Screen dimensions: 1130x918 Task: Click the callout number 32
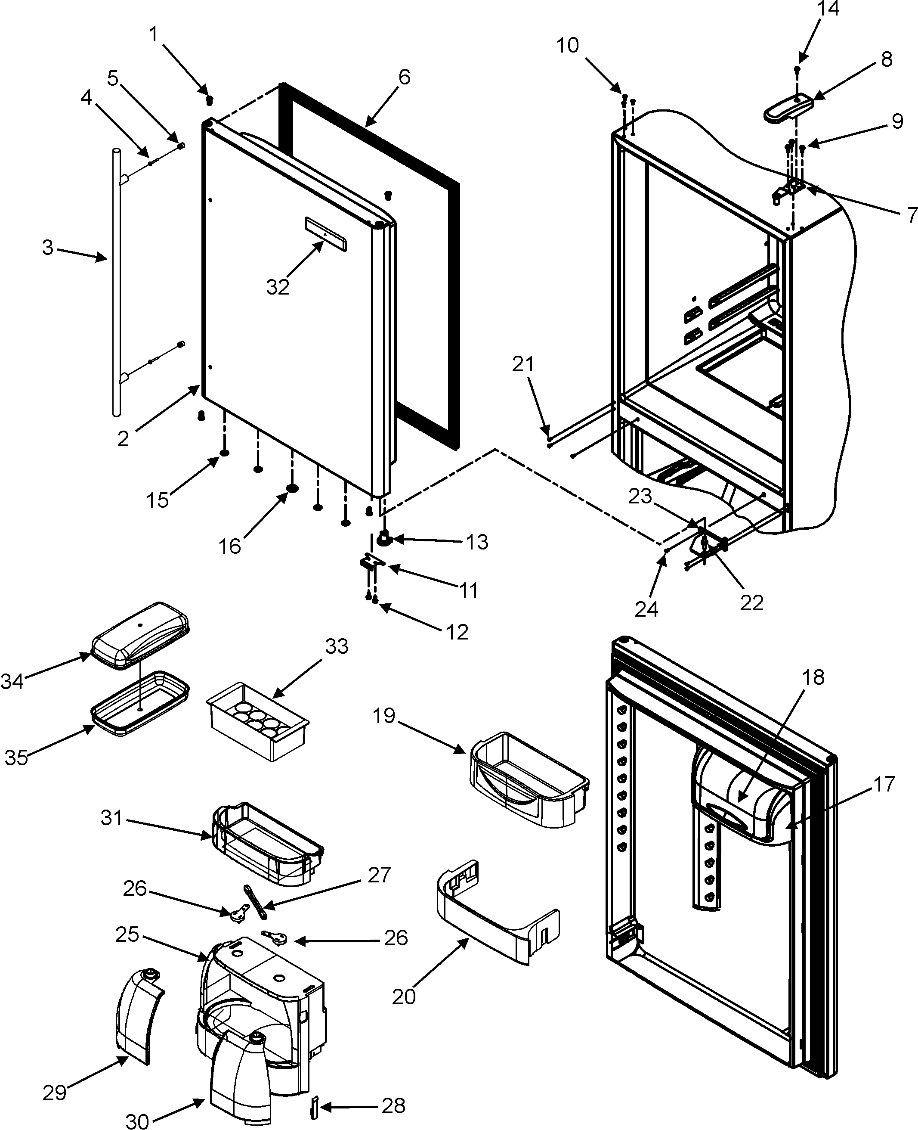pos(278,287)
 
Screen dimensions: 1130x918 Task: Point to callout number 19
pos(384,716)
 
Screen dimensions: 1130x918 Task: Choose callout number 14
pos(828,9)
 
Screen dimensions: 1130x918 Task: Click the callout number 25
pos(127,935)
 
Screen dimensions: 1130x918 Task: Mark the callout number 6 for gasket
pos(404,77)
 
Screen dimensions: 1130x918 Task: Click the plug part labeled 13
pos(384,539)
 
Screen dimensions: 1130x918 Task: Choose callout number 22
pos(751,602)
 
